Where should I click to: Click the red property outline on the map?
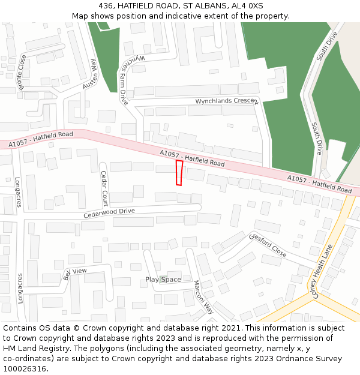click(x=179, y=173)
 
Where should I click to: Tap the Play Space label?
click(x=163, y=280)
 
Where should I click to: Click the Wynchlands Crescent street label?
click(x=226, y=101)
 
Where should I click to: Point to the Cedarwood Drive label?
click(x=109, y=212)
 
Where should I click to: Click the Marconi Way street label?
click(x=203, y=297)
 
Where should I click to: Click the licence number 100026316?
click(x=26, y=368)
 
